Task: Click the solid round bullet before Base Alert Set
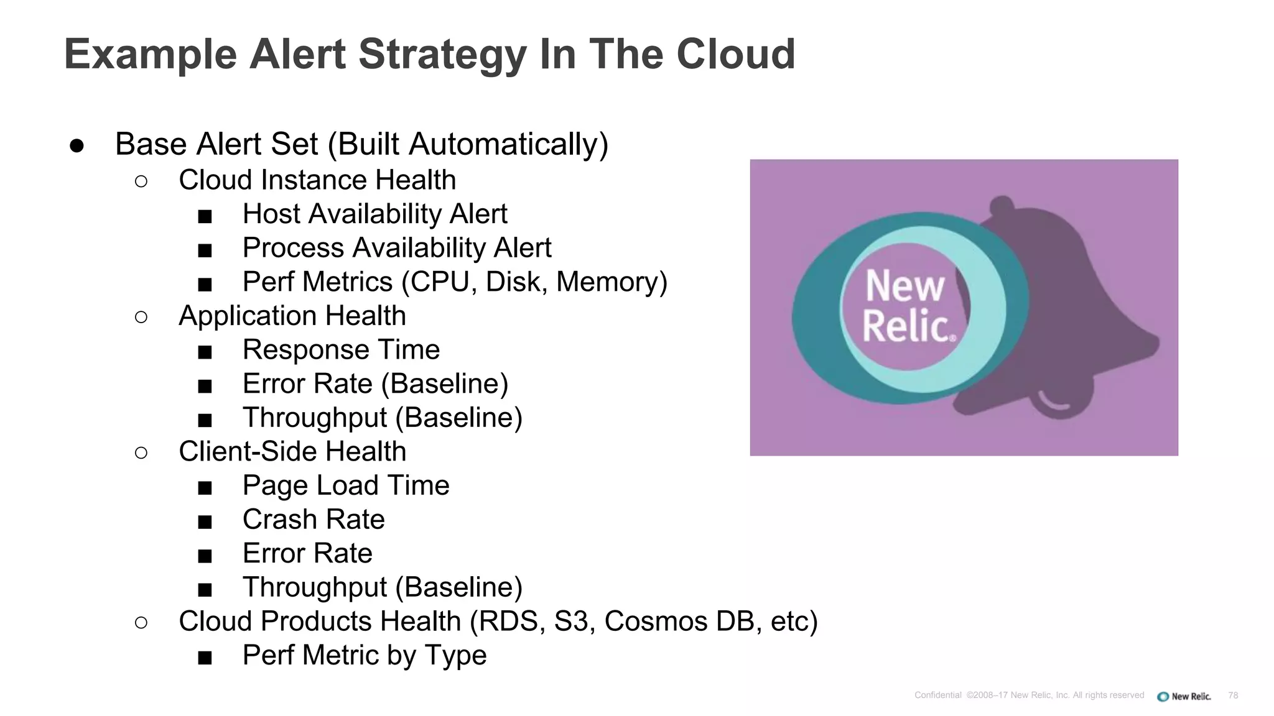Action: click(x=77, y=145)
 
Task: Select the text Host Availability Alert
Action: click(x=374, y=214)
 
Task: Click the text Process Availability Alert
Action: click(x=396, y=248)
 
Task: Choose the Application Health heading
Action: click(x=292, y=316)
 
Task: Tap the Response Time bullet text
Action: click(x=341, y=350)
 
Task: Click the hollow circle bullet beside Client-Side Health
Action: click(x=141, y=452)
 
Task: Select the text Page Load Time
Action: click(x=346, y=485)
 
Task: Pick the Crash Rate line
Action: click(x=314, y=520)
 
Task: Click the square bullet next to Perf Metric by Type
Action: click(x=205, y=657)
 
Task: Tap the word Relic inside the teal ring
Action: click(x=907, y=326)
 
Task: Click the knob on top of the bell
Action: click(x=1002, y=205)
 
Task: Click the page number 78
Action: click(x=1233, y=695)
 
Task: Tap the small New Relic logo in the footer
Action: click(x=1184, y=696)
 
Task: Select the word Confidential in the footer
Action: click(x=937, y=695)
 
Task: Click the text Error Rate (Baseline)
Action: click(x=375, y=384)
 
